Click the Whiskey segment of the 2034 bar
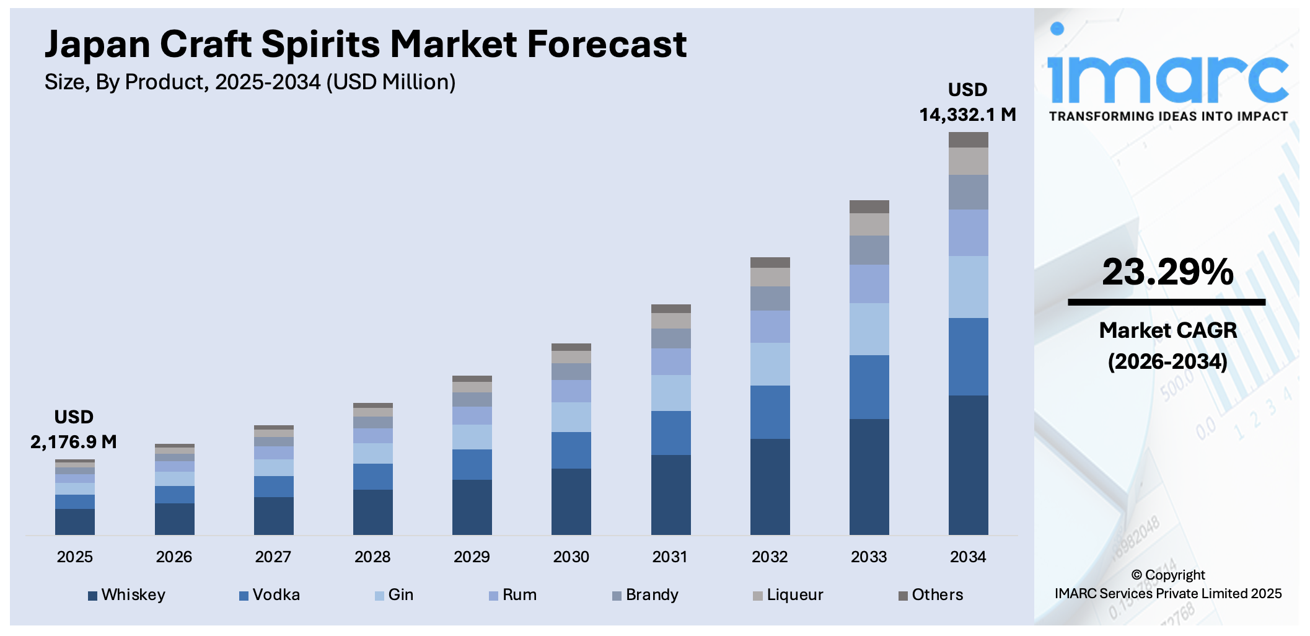pos(968,465)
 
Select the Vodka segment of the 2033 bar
pos(869,387)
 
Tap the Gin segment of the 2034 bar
pos(968,287)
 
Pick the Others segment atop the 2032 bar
pos(770,262)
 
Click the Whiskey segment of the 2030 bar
pos(571,501)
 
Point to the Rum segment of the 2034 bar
pos(968,232)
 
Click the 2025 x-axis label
pos(75,557)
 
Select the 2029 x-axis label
pos(472,557)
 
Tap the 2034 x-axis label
pos(968,557)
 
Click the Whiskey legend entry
pos(127,595)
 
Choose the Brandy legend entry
pos(646,595)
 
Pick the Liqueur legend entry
pos(788,595)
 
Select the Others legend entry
pos(931,595)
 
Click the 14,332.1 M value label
pos(967,115)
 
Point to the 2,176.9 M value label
pos(74,442)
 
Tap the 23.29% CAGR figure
pos(1167,272)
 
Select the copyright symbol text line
pos(1167,575)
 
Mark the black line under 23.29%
pos(1166,303)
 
